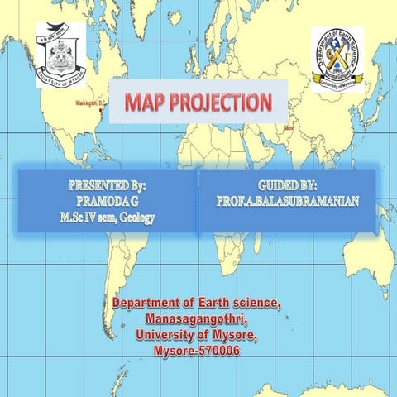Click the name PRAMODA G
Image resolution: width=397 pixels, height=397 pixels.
(107, 201)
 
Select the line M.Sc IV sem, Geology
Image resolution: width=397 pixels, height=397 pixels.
(107, 217)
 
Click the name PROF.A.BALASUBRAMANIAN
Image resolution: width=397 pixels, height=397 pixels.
(287, 201)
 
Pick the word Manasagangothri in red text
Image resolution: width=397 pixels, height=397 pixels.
(196, 320)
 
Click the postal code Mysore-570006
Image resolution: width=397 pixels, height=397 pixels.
(196, 352)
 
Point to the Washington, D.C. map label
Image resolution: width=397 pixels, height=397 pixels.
(90, 103)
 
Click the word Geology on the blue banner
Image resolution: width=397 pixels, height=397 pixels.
(136, 217)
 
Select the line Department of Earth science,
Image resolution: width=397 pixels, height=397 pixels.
(196, 304)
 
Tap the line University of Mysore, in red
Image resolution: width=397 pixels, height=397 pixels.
(196, 336)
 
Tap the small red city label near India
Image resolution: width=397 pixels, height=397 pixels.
(288, 129)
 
